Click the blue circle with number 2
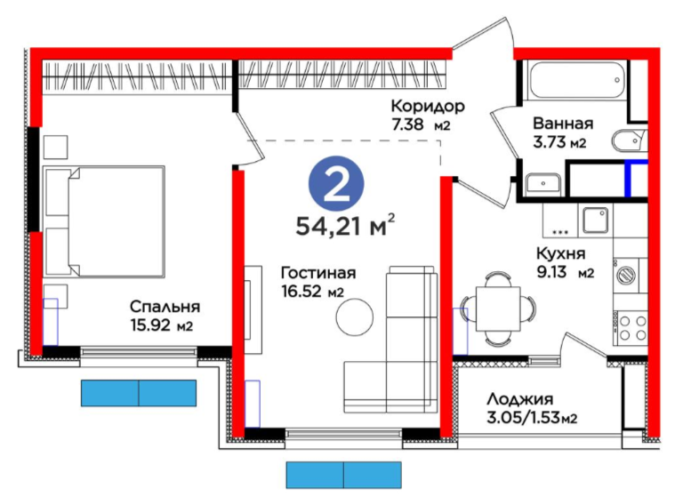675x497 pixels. coord(336,184)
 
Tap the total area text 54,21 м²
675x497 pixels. coord(345,225)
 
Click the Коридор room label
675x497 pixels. coord(428,106)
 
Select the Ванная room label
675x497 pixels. coord(563,124)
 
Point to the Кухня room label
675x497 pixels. coord(561,253)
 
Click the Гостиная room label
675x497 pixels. coord(318,273)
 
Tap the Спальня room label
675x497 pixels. coord(165,307)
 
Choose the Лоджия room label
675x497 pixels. coord(520,399)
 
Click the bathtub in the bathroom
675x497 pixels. coord(576,80)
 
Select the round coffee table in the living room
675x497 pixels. coord(355,318)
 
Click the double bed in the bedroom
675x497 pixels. coord(104,221)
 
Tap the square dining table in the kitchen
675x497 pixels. coord(498,309)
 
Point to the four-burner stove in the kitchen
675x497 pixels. coord(632,328)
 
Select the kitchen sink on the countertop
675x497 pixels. coord(596,220)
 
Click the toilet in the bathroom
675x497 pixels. coord(629,140)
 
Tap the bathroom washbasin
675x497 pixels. coord(542,184)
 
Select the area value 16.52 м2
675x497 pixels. coord(312,292)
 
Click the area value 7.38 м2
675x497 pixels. coord(421,124)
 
